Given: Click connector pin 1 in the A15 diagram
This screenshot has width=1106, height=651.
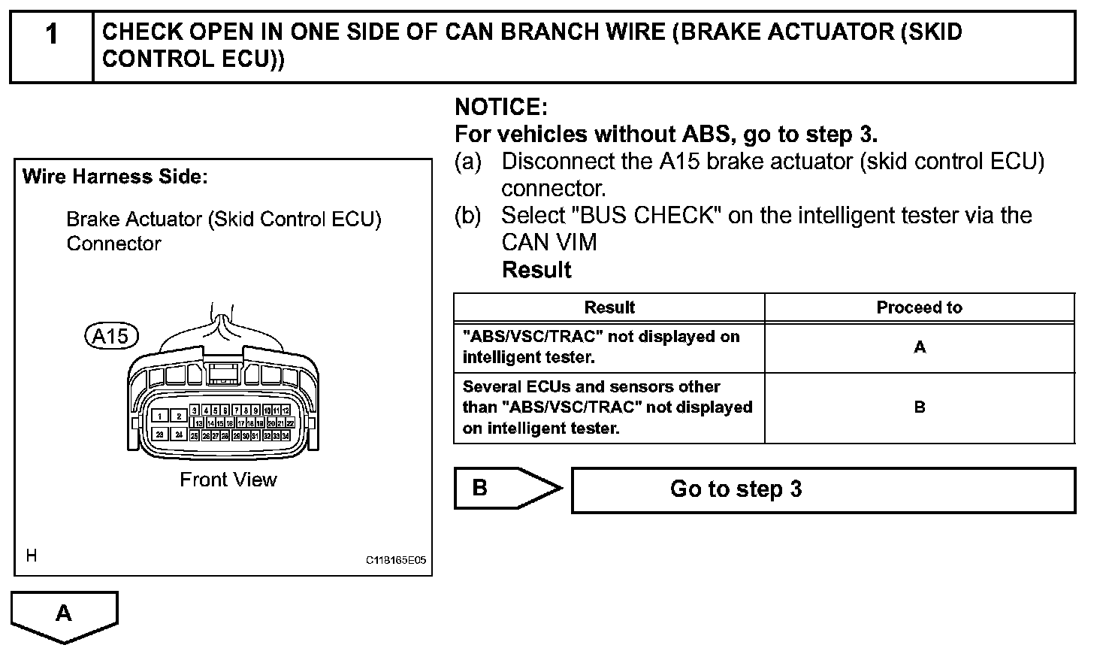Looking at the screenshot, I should coord(161,416).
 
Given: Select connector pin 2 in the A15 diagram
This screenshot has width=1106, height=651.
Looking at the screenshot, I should coord(180,416).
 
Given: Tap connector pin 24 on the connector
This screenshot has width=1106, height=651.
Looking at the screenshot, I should coord(180,435).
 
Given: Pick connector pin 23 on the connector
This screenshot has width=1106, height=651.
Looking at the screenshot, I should coord(161,435).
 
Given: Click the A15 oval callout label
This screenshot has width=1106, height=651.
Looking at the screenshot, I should coord(111,336).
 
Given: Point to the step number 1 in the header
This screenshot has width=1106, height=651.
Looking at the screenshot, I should coord(51,34).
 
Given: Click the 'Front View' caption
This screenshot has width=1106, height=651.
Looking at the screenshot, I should coord(228,480).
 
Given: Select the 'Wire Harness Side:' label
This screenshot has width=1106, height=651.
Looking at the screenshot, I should coord(115,177).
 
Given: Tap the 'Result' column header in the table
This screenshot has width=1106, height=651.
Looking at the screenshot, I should coord(609,307).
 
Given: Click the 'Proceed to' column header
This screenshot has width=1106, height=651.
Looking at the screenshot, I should coord(919,307).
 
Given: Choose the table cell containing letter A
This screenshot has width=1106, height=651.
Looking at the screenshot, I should coord(920,347).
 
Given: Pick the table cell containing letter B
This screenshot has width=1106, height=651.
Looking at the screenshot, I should coord(920,407).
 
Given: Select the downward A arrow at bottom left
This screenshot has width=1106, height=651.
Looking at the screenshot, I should coord(65,615).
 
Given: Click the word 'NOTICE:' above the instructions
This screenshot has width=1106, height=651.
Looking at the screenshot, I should coord(501,107).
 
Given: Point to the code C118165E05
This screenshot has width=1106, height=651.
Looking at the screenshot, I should coord(396,561).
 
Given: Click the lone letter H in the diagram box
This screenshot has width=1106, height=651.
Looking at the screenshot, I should coord(31,556).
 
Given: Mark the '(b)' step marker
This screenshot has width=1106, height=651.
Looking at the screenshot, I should coord(467,216).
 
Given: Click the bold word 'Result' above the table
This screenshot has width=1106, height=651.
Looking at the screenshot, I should coord(536,270).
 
